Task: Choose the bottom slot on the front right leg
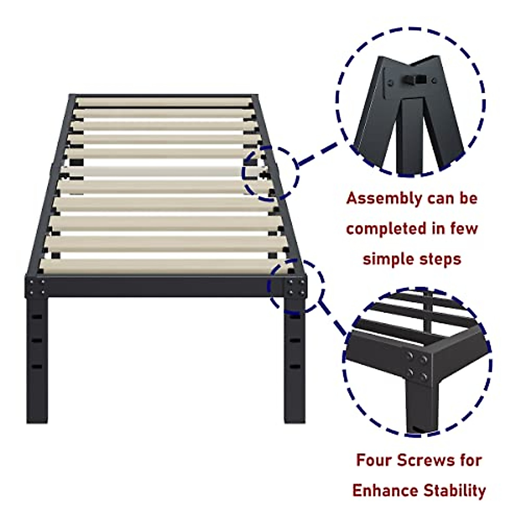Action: tap(295, 367)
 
